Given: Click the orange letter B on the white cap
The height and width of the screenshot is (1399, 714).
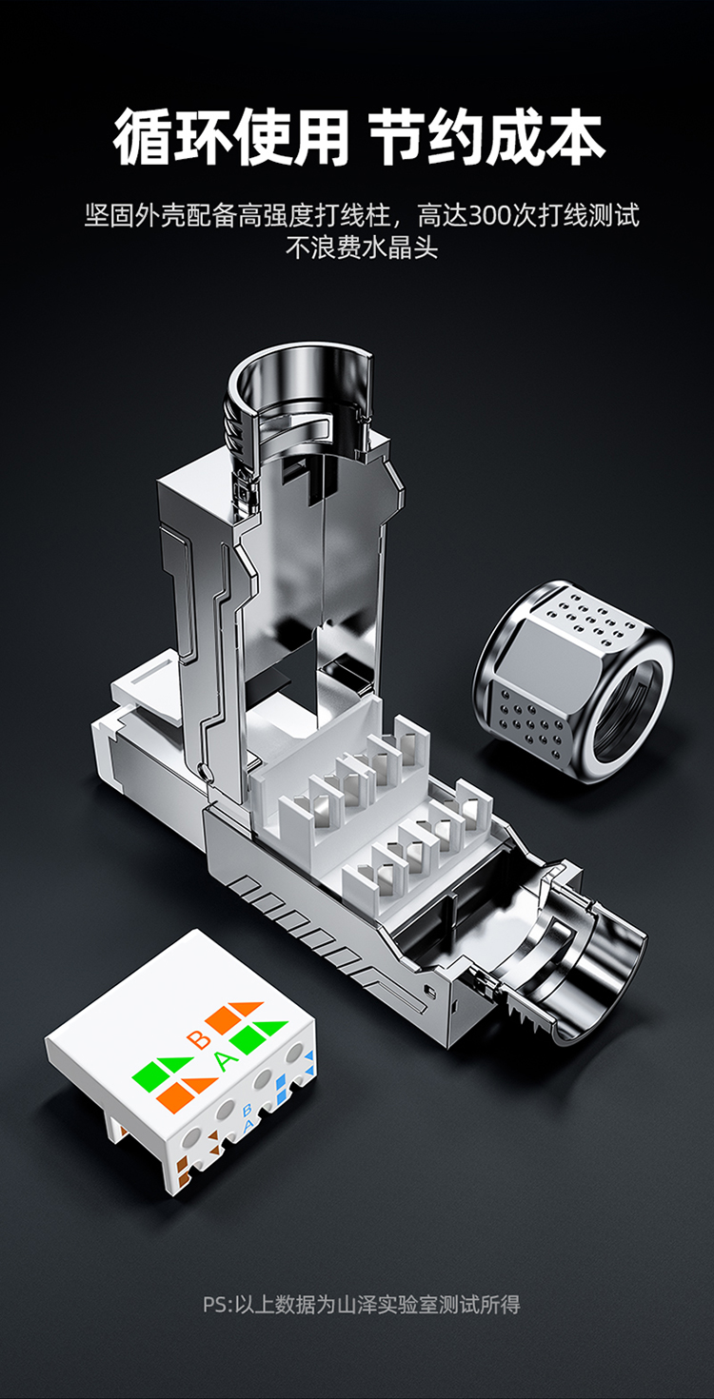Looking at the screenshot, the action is [x=199, y=1039].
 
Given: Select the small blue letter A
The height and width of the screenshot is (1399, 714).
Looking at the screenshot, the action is [x=248, y=1125].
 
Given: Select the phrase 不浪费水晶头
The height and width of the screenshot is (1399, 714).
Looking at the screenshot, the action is [x=362, y=247].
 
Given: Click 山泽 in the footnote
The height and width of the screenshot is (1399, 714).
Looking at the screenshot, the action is [x=356, y=1305].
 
